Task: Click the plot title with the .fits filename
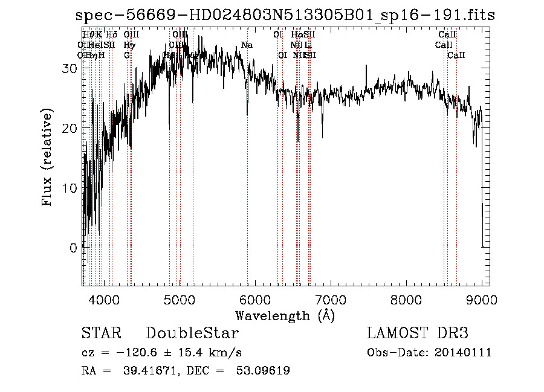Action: click(x=285, y=16)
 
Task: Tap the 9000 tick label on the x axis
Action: click(x=482, y=299)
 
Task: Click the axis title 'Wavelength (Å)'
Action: click(x=285, y=315)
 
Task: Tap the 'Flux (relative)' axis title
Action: click(x=48, y=158)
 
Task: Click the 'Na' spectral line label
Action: click(x=247, y=45)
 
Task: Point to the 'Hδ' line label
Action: click(x=112, y=35)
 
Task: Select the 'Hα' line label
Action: click(x=296, y=35)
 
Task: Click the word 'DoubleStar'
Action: click(x=192, y=333)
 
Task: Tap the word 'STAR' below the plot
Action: click(x=101, y=333)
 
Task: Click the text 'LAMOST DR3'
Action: click(x=418, y=333)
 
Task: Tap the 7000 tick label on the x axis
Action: click(x=331, y=299)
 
